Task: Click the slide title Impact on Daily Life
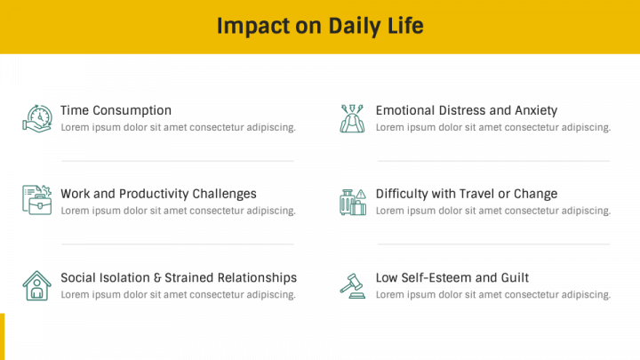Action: tap(320, 26)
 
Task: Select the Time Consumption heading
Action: tap(116, 110)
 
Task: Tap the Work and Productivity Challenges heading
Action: tap(158, 194)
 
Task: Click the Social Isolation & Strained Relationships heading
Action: tap(179, 277)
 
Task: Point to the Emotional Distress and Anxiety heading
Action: tap(467, 110)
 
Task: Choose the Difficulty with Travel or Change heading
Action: tap(467, 194)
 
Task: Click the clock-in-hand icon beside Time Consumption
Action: tap(36, 118)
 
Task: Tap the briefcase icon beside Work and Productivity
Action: tap(36, 200)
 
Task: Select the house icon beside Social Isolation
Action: tap(36, 285)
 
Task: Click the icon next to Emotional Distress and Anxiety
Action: tap(352, 118)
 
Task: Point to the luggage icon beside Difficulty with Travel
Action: tap(352, 201)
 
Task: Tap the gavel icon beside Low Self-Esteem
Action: tap(352, 285)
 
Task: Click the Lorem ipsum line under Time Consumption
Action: tap(178, 127)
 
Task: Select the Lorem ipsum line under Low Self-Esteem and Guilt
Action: tap(493, 294)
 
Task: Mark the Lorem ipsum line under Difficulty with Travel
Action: tap(493, 211)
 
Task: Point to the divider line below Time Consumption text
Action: tap(178, 161)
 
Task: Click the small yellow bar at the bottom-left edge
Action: tap(3, 336)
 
